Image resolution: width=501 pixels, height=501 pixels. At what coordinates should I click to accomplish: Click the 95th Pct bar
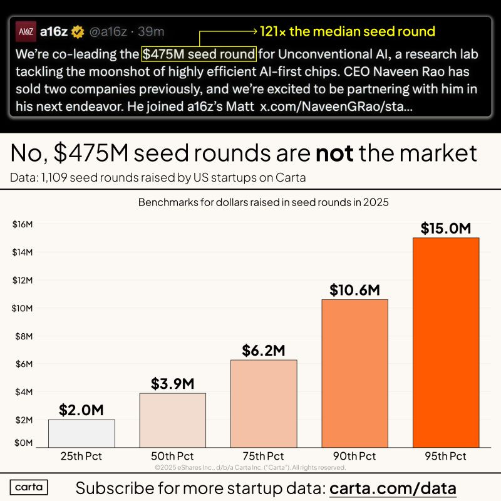tap(445, 342)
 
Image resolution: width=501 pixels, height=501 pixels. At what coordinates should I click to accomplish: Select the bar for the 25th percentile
tap(81, 433)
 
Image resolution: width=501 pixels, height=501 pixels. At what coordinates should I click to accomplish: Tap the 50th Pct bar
tap(172, 420)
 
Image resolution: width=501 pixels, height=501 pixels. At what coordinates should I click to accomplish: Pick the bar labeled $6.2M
tap(264, 403)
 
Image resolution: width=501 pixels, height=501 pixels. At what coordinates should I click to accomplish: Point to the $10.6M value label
tap(354, 290)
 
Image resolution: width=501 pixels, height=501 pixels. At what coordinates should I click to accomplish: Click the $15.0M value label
tap(445, 229)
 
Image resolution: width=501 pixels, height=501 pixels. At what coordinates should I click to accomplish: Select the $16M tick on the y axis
tap(23, 224)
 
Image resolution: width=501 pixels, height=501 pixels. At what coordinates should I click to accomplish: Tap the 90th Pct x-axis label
tap(354, 456)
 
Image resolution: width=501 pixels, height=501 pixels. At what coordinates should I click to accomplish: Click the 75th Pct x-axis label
tap(264, 456)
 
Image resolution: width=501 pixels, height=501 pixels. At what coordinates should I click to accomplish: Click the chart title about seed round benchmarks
tap(250, 202)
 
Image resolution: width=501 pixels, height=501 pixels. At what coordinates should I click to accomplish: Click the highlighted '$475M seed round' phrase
tap(199, 54)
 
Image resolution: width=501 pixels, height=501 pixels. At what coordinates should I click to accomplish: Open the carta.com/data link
tap(393, 487)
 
